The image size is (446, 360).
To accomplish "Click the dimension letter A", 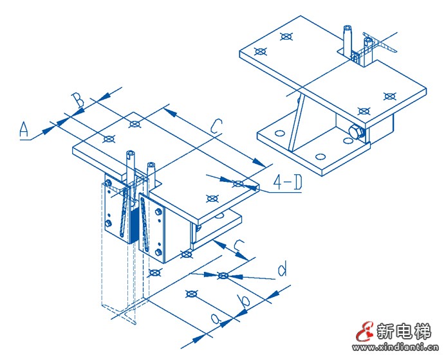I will [x=24, y=129].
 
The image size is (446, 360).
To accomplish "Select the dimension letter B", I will [x=77, y=101].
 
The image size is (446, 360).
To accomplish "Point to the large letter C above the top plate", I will [x=216, y=126].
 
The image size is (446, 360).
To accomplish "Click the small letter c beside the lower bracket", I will [x=238, y=245].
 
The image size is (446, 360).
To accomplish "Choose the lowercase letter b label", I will [x=243, y=300].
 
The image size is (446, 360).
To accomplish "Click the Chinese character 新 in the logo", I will [x=385, y=332].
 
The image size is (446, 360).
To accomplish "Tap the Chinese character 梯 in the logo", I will [x=422, y=332].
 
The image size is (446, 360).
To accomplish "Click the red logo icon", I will [x=365, y=332].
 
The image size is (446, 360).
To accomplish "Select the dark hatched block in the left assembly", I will [x=134, y=224].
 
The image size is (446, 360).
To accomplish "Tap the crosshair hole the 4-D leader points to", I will [x=237, y=183].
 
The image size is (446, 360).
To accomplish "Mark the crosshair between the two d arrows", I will [x=223, y=276].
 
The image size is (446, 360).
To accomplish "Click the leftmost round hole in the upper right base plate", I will [x=279, y=134].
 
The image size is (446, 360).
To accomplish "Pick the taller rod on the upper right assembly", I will [x=347, y=42].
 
